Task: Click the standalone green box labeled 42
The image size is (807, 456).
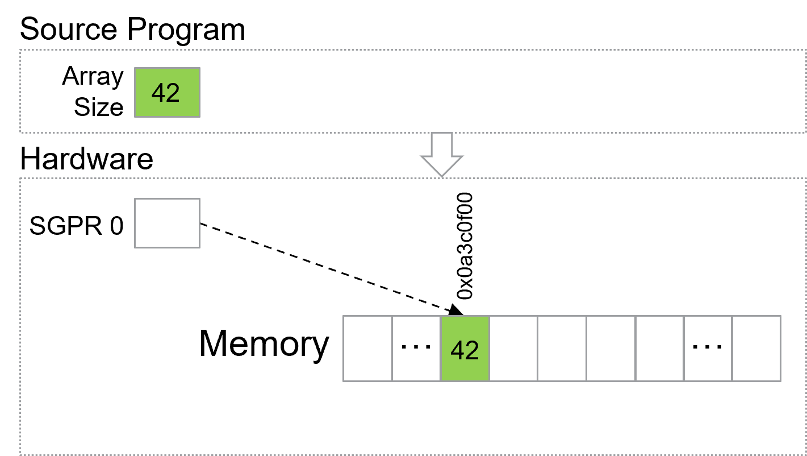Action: coord(167,92)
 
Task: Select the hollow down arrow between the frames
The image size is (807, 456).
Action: coord(442,155)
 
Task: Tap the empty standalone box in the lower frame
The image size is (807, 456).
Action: coord(167,223)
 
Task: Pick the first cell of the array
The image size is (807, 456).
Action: coord(367,349)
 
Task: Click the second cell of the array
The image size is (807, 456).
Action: coord(416,349)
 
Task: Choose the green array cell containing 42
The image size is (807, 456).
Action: coord(465,349)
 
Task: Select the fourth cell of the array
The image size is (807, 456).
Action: coord(513,349)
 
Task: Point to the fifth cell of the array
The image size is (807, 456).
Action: coord(562,349)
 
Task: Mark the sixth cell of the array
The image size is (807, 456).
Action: coord(611,349)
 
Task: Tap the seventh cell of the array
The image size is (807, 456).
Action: coord(660,349)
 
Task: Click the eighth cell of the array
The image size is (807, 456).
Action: coord(708,349)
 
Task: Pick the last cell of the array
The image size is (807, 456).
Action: coord(757,349)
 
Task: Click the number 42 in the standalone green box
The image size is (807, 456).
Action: coord(166,93)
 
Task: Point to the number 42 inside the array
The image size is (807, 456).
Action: coord(465,350)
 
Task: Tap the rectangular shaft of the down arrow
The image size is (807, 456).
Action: coord(442,143)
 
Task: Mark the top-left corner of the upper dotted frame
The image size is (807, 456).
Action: coord(20,50)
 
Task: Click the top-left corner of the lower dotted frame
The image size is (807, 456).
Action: coord(20,179)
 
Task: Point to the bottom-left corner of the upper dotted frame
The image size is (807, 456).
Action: coord(20,132)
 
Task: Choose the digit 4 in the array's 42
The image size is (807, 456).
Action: coord(457,350)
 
